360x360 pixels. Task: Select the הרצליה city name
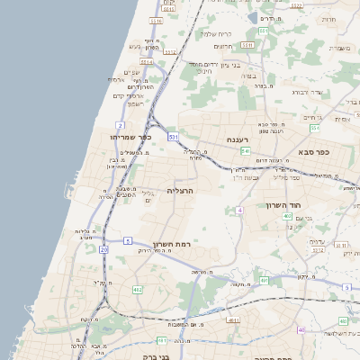(x=181, y=191)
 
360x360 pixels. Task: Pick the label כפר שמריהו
(x=129, y=138)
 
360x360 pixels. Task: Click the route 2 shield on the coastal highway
(x=120, y=124)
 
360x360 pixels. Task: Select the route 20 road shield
(x=103, y=248)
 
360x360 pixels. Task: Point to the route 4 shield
(x=239, y=210)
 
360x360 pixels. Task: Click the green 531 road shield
(x=173, y=137)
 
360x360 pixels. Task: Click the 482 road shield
(x=137, y=289)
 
